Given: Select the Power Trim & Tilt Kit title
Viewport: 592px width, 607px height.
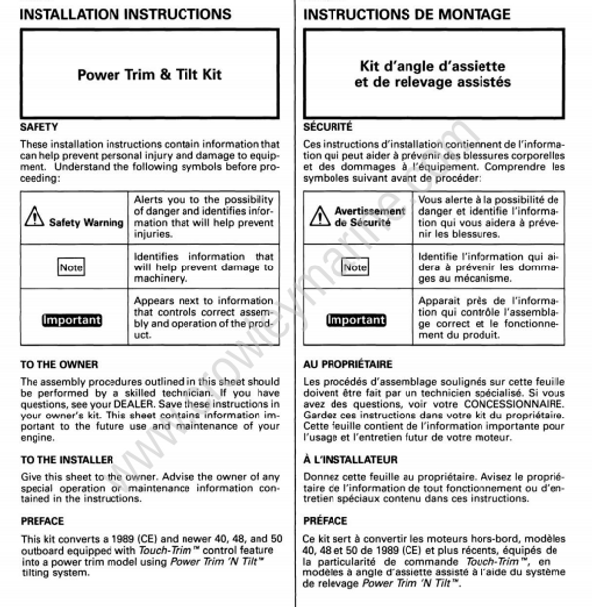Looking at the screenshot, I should pos(149,74).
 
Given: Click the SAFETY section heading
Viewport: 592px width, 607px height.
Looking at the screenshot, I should pos(39,127).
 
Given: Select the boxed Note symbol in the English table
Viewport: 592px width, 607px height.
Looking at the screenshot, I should pos(71,266).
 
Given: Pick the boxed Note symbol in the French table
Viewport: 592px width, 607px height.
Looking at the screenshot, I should pos(355,266).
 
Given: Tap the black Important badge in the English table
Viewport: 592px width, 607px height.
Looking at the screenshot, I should pos(71,320).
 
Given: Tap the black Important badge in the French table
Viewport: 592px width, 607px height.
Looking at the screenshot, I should pos(355,320).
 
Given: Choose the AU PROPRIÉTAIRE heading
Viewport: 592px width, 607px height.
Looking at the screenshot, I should pos(347,364).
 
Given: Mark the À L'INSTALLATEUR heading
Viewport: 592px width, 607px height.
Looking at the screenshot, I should pos(351,459).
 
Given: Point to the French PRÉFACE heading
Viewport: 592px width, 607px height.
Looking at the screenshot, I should pos(326,520).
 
